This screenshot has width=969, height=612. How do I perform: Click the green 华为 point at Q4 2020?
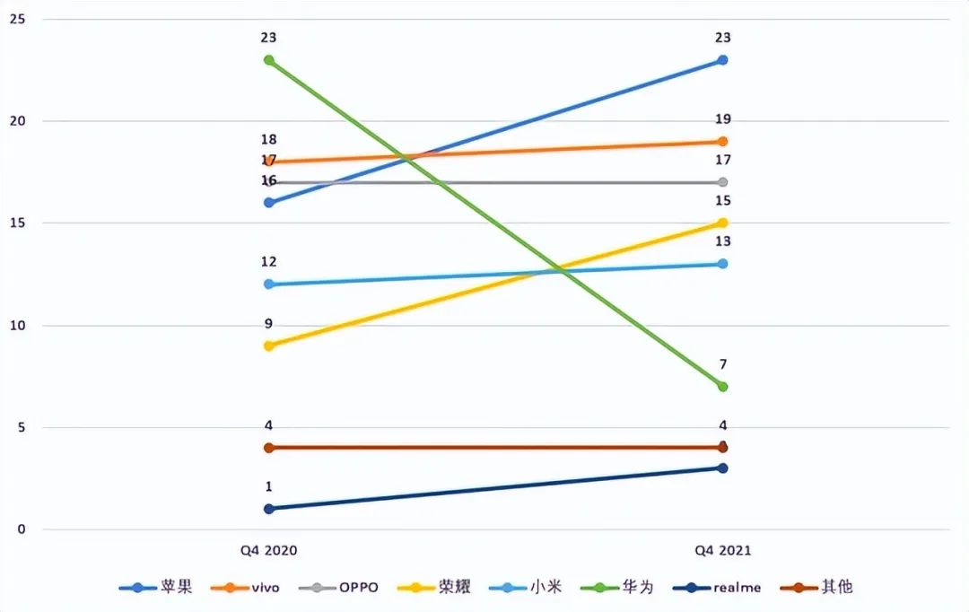point(268,60)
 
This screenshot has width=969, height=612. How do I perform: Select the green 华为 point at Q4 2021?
point(722,387)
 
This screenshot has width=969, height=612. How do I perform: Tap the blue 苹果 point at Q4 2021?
point(722,60)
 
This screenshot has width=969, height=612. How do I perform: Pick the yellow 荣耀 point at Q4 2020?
point(268,345)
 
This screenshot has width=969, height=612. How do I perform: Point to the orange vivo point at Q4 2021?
point(722,142)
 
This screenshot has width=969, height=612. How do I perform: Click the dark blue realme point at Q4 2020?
point(268,509)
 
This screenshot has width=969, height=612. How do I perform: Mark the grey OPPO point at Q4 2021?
point(722,182)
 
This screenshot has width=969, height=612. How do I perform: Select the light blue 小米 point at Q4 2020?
point(268,284)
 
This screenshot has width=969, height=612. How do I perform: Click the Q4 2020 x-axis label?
point(269,550)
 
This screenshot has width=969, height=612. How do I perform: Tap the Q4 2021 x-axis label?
point(722,550)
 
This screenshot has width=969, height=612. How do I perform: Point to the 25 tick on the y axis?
point(17,19)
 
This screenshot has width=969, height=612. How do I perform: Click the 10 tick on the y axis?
point(17,325)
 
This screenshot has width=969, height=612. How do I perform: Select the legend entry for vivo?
point(246,588)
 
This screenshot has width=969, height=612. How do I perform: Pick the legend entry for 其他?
point(819,588)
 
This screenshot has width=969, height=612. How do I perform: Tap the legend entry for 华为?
point(620,588)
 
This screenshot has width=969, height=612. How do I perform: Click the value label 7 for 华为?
point(722,364)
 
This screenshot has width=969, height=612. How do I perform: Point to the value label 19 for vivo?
point(722,119)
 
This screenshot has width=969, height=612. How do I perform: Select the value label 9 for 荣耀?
point(268,324)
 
